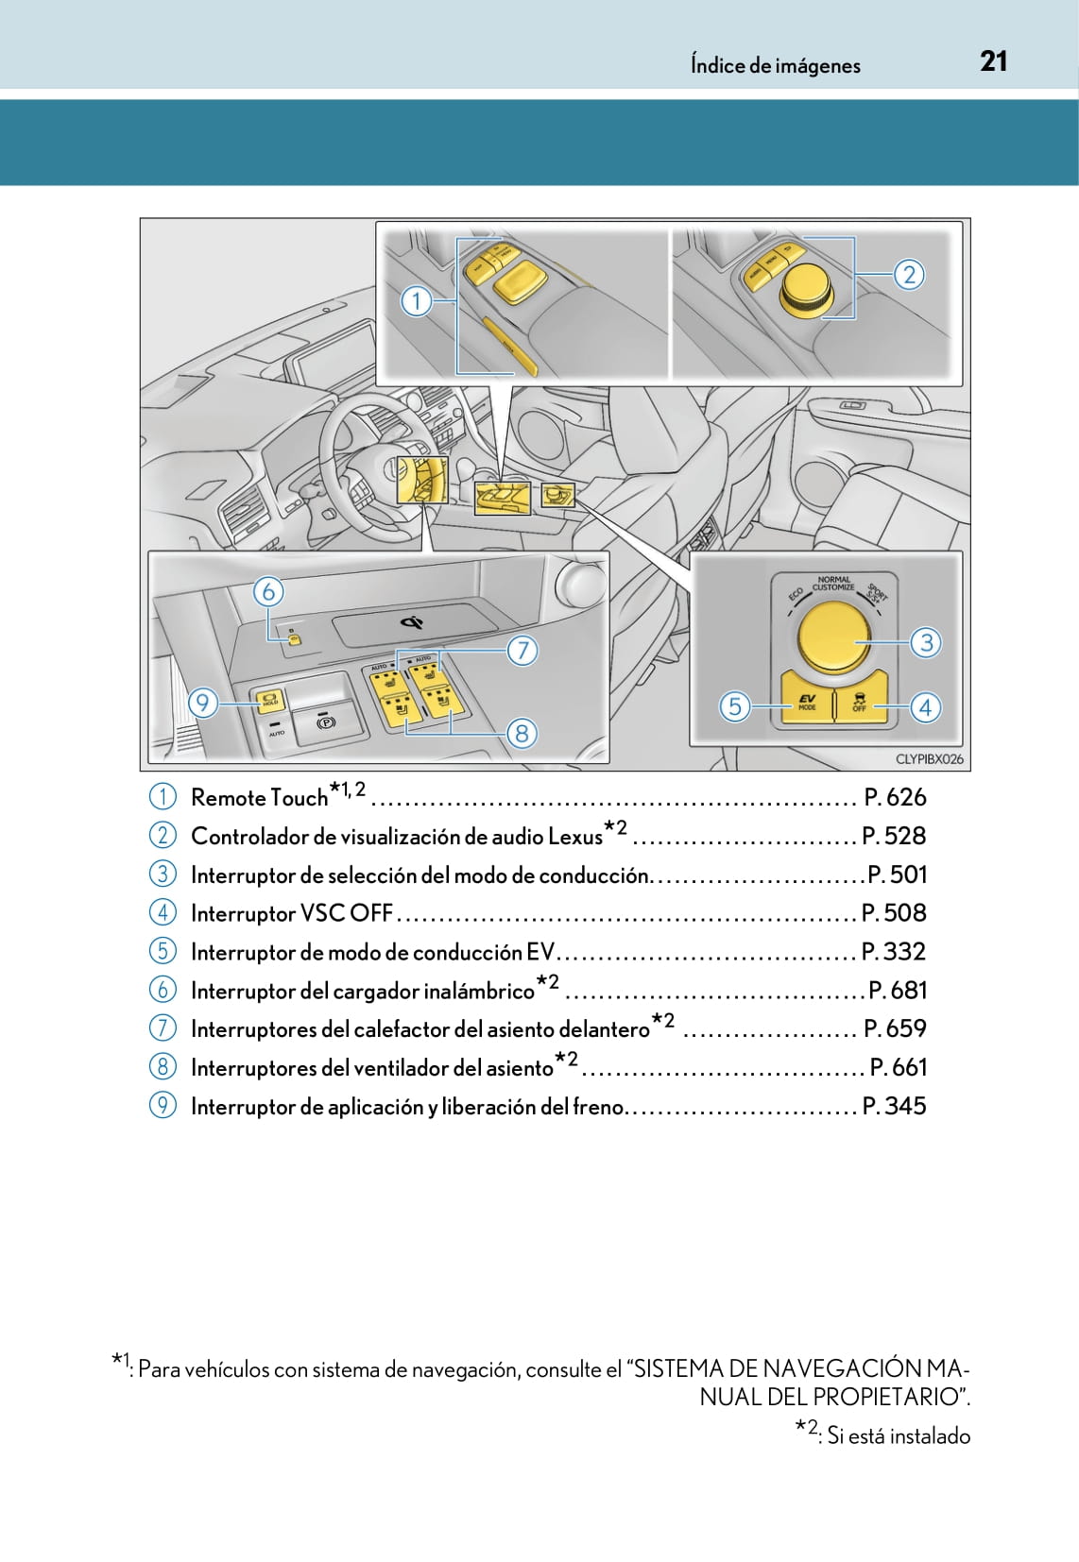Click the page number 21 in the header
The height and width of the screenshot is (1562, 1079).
coord(993,61)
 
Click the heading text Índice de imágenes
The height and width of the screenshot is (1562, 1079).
coord(775,65)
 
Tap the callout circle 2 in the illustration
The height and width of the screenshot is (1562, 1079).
coord(908,275)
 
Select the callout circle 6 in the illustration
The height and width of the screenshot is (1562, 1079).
coord(268,592)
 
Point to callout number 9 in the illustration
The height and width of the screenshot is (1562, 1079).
coord(202,703)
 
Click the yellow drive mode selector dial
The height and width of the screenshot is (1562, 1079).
coord(833,637)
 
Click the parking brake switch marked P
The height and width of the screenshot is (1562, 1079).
coord(324,722)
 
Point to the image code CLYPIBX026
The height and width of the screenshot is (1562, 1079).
coord(929,758)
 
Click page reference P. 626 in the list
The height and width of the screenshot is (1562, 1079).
coord(895,797)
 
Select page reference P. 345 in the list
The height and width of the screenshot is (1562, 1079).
coord(894,1106)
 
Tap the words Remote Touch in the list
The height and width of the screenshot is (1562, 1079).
coord(259,798)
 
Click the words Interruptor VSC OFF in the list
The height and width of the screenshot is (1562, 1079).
coord(291,913)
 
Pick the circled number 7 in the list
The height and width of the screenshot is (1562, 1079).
coord(163,1027)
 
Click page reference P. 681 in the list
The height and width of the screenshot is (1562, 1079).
coord(898,990)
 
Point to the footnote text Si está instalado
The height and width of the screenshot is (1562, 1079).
coord(899,1435)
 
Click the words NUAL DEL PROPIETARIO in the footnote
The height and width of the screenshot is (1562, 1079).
coord(833,1397)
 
